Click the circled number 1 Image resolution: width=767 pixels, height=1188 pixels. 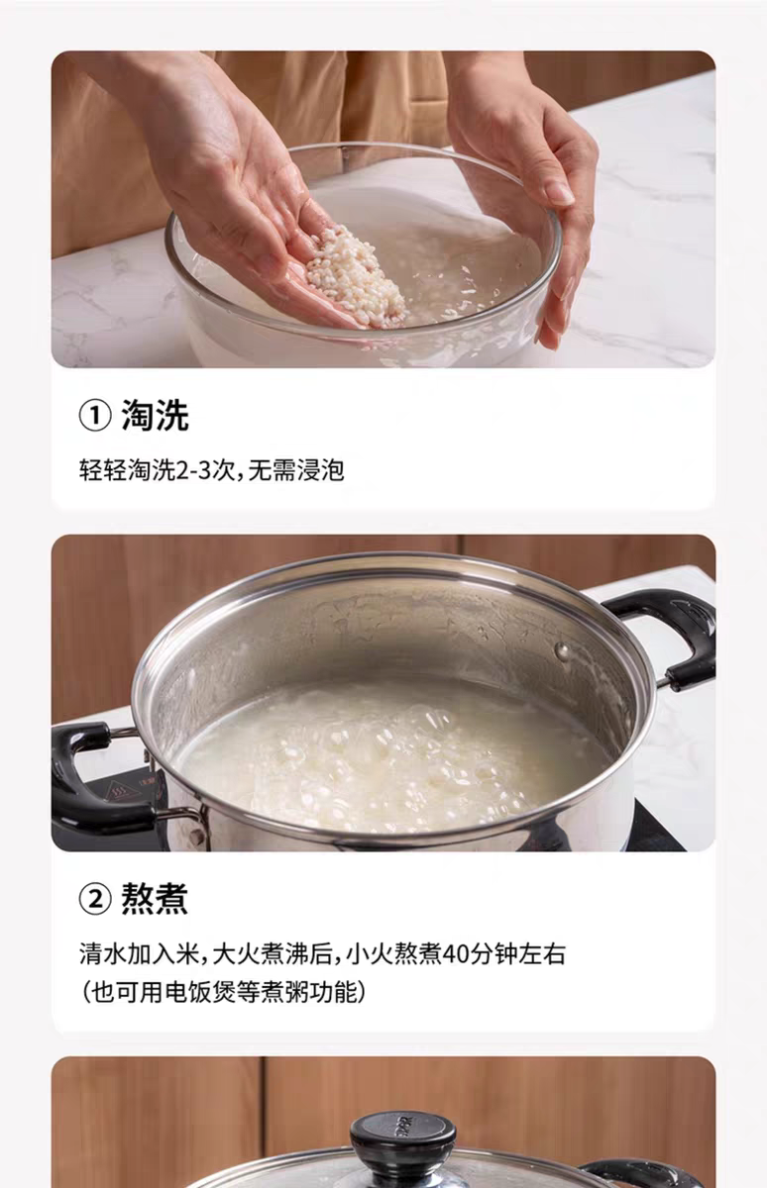[x=95, y=416]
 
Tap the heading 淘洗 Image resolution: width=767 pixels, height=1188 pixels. [x=155, y=415]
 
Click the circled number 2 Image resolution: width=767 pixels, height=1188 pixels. [x=95, y=899]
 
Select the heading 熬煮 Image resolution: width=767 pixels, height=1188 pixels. [x=155, y=898]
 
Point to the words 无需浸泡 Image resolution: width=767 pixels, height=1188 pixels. [x=296, y=470]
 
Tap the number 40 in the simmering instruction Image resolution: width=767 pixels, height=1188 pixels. [x=455, y=954]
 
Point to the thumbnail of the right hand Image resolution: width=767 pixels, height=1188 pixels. [x=561, y=193]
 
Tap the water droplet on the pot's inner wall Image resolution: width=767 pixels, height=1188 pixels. [x=562, y=650]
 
